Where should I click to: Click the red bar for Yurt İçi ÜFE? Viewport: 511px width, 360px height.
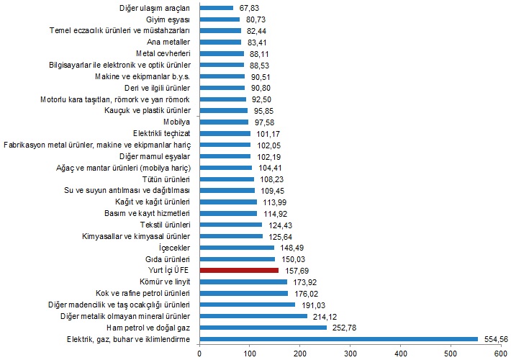238,270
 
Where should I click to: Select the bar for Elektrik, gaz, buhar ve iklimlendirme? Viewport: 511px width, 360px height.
338,338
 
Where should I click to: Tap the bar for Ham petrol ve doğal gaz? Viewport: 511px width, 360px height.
263,327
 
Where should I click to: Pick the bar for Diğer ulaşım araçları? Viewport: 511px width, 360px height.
216,9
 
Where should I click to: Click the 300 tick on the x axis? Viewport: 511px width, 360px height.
350,353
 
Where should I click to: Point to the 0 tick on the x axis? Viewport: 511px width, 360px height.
199,353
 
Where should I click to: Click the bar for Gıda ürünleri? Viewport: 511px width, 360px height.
237,258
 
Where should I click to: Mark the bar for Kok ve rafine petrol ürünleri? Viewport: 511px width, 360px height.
243,293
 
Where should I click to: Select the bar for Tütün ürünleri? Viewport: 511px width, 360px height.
226,179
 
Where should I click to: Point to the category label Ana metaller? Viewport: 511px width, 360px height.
168,42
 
